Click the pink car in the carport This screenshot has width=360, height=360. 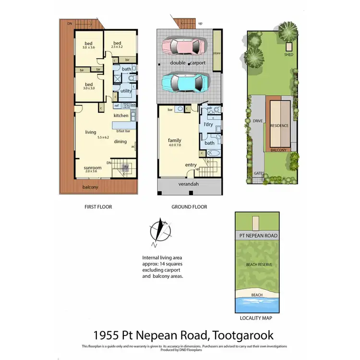[x=184, y=47]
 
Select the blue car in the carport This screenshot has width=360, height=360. [x=184, y=82]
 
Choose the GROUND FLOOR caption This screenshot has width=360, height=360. [x=190, y=207]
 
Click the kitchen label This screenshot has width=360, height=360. [x=121, y=116]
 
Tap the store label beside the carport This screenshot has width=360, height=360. [x=217, y=53]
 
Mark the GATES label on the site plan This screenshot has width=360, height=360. [x=260, y=173]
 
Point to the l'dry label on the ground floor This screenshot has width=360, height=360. [x=208, y=125]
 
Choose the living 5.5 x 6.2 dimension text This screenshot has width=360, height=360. [x=104, y=137]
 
